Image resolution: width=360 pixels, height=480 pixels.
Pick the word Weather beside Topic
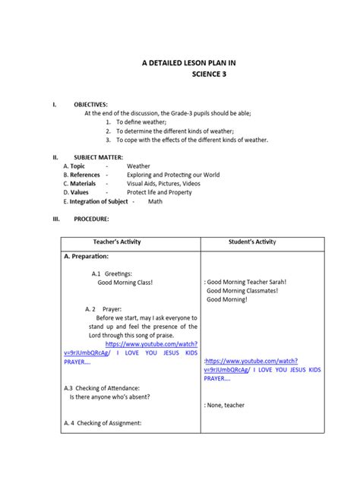(138, 166)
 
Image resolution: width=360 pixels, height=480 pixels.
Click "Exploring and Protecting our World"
(173, 175)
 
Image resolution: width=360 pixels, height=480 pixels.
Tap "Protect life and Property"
(159, 193)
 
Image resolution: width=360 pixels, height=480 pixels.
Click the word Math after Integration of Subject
(155, 202)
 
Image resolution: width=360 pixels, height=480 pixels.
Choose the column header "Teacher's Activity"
(131, 242)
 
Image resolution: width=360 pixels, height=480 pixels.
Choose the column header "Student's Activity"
(252, 242)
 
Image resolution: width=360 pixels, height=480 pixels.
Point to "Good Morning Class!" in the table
(125, 282)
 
